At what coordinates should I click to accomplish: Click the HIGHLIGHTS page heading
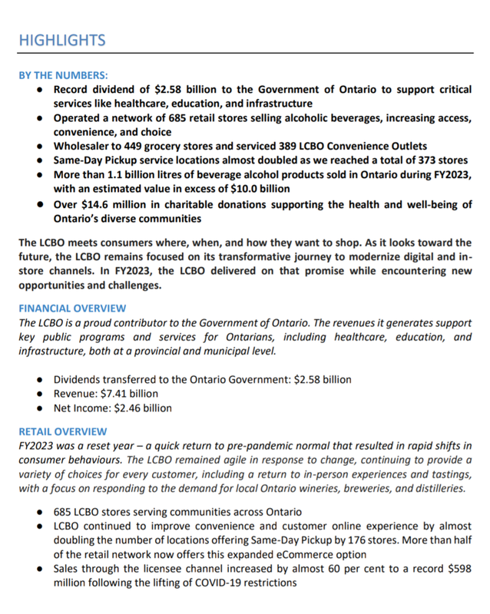(x=62, y=40)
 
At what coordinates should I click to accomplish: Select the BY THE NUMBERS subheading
(x=64, y=75)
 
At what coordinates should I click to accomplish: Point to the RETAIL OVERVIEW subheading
(x=64, y=431)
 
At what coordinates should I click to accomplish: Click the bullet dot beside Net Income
(x=39, y=408)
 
